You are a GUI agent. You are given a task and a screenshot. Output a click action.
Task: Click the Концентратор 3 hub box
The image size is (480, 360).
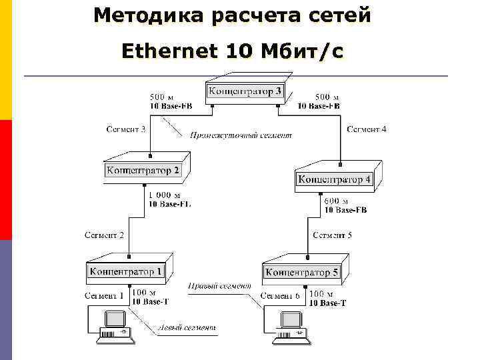[245, 91]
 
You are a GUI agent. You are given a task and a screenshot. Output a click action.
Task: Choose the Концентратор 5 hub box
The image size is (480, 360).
[302, 271]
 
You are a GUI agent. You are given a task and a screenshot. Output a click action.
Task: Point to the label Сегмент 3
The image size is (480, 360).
[126, 129]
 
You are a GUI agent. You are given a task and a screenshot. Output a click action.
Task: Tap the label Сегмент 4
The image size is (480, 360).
[366, 129]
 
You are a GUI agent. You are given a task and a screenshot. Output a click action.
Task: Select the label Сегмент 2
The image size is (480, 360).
[104, 235]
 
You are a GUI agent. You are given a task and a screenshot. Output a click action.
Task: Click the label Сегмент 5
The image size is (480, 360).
[332, 235]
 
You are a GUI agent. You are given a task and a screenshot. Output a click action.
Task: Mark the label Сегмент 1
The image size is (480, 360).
[104, 295]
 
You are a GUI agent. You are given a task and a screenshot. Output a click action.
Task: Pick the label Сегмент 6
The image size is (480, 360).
[280, 295]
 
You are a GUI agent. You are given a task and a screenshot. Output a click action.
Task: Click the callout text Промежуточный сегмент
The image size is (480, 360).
[241, 135]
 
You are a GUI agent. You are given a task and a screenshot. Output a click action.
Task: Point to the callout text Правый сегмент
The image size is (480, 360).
[219, 285]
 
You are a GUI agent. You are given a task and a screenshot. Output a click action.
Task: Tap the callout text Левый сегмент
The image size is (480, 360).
[187, 327]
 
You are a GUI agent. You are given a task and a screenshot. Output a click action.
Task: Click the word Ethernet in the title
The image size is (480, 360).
[169, 51]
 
